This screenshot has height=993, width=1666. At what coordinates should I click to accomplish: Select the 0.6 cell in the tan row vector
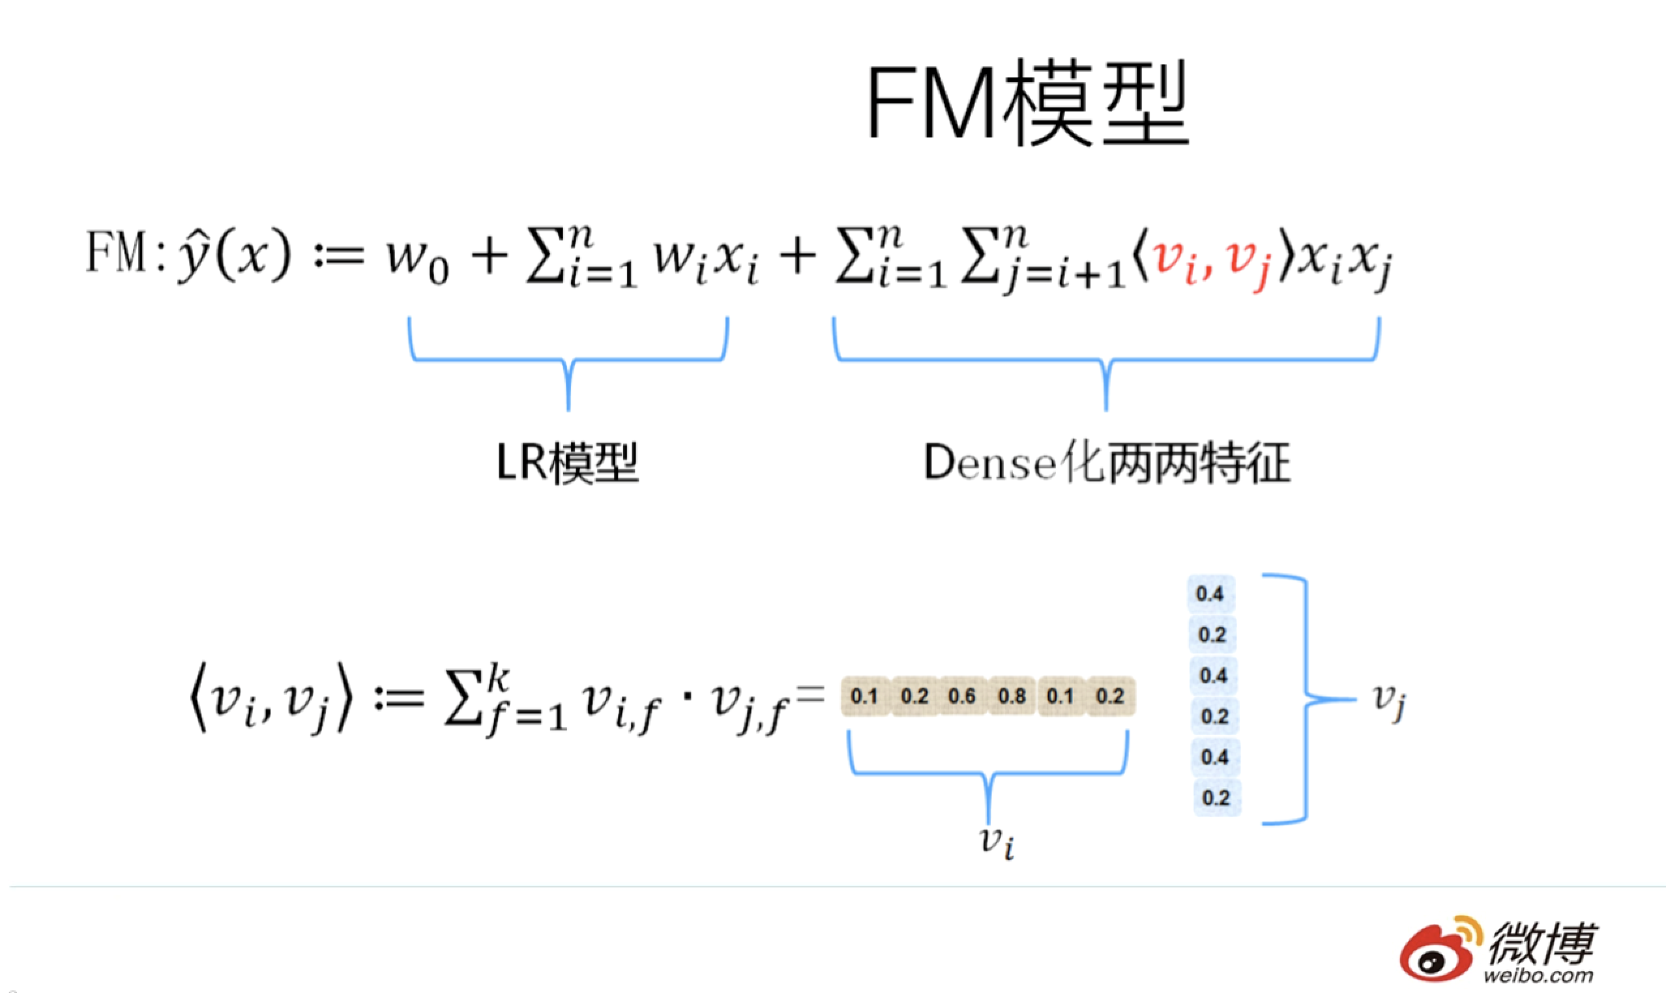(x=962, y=696)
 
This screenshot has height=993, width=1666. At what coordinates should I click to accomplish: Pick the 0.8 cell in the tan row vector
(x=1012, y=696)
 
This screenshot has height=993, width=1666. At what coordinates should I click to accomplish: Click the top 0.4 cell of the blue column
(x=1210, y=594)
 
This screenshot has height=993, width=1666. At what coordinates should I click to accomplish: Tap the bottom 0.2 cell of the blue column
(x=1216, y=798)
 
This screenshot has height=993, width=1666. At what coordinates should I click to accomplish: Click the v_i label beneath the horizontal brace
(x=997, y=841)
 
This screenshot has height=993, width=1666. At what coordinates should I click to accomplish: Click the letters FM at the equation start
(x=116, y=252)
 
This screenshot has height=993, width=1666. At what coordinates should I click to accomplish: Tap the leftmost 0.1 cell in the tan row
(x=864, y=696)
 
